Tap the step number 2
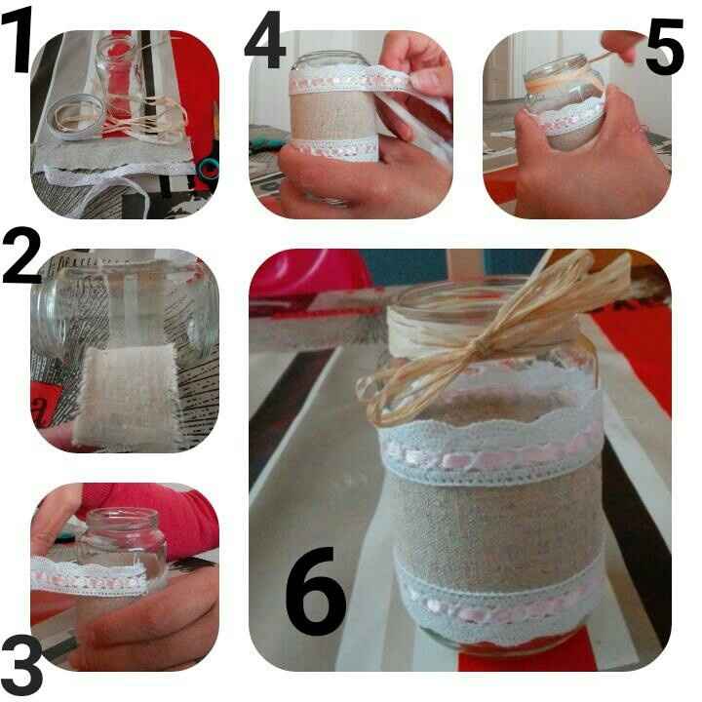[x=21, y=255]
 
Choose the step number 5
[x=664, y=46]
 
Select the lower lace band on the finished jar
[x=497, y=603]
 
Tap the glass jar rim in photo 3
[x=122, y=516]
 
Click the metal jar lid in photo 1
[x=75, y=117]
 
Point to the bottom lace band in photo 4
[x=334, y=148]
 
